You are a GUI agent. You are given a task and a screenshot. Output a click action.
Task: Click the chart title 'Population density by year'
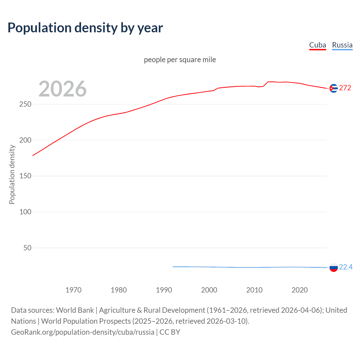[x=85, y=28]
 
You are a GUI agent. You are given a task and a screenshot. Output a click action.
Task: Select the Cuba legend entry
[x=318, y=45]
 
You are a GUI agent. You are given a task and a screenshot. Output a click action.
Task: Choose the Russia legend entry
[x=342, y=45]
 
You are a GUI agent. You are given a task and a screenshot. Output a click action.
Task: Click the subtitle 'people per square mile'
[x=180, y=60]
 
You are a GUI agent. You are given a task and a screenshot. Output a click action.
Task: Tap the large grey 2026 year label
[x=62, y=89]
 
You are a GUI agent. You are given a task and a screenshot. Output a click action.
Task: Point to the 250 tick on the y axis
[x=25, y=104]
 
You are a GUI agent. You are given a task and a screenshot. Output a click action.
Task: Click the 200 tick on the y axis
[x=25, y=140]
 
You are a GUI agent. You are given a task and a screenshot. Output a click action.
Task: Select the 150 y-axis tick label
[x=25, y=176]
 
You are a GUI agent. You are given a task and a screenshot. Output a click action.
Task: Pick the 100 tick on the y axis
[x=25, y=212]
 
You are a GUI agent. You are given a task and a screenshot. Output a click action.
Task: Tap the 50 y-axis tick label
[x=27, y=248]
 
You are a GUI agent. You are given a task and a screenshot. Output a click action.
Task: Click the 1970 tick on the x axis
[x=73, y=290]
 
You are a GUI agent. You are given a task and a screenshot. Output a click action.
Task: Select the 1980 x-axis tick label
[x=119, y=290]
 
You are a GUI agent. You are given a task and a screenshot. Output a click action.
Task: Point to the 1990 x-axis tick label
[x=164, y=290]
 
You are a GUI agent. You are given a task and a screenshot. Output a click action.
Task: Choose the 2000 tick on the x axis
[x=209, y=290]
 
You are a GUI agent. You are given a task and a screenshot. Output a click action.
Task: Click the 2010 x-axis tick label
[x=255, y=290]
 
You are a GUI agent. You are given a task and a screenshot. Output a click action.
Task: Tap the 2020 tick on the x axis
[x=300, y=290]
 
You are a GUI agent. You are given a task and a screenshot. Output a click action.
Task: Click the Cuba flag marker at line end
[x=334, y=88]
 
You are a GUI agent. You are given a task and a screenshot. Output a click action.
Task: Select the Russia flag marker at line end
[x=334, y=267]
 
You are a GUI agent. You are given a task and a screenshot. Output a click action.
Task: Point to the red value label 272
[x=345, y=88]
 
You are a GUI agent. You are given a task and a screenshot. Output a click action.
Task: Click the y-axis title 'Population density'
[x=12, y=174]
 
